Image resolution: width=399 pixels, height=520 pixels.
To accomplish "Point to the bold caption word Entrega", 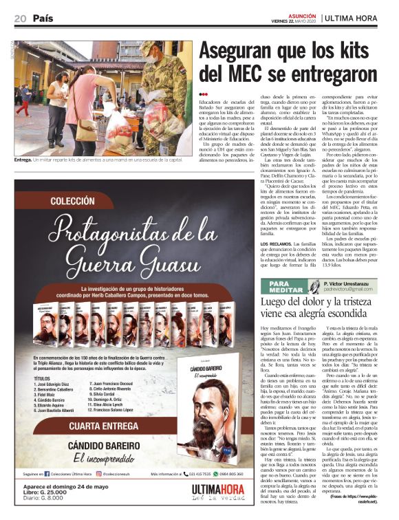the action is (x=23, y=160).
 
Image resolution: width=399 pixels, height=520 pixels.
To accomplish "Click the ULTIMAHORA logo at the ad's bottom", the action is (x=222, y=491).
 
